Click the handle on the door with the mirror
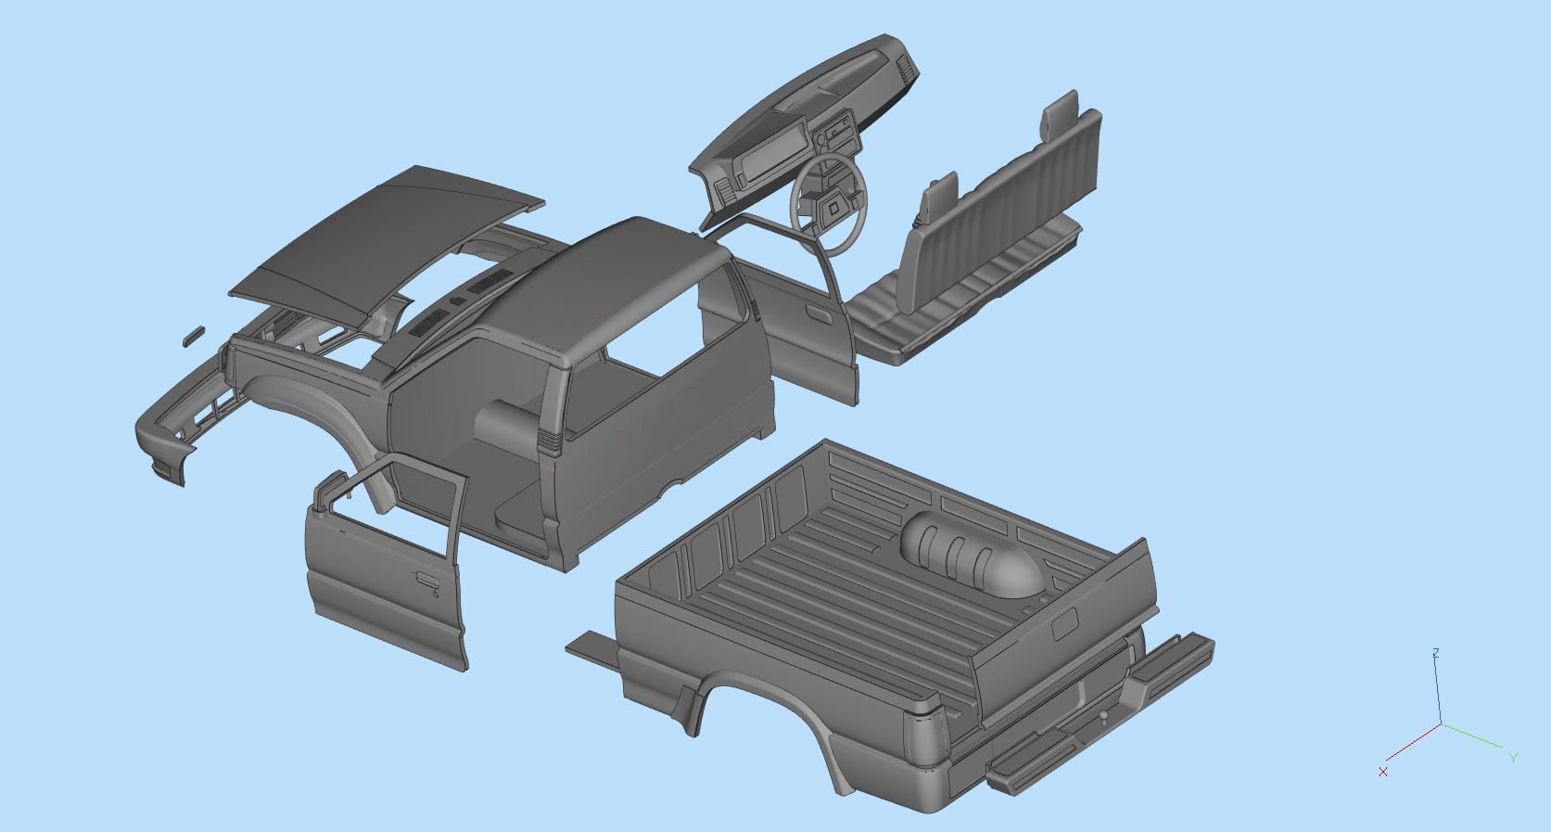coord(427,581)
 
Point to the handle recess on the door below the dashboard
coord(819,314)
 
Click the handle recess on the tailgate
coord(1064,623)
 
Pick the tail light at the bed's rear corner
coord(928,742)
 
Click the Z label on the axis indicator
coord(1435,654)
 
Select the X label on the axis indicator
coord(1383,772)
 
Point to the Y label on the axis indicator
coord(1513,758)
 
